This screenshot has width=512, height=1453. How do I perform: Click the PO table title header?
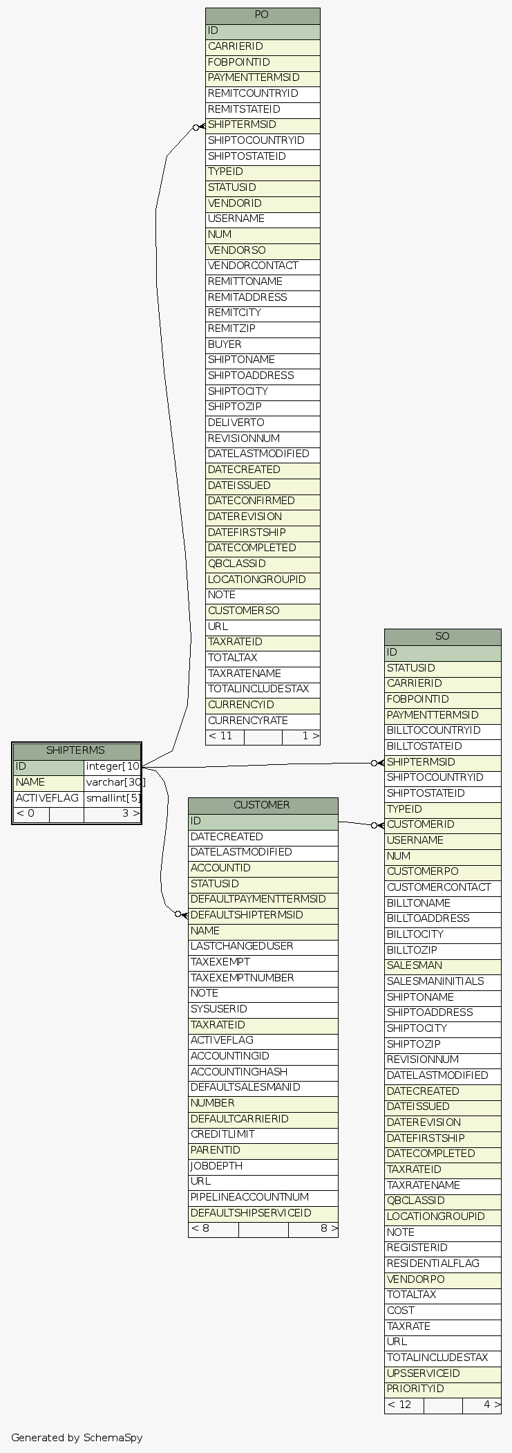pyautogui.click(x=262, y=15)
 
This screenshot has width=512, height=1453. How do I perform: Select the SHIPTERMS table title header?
pyautogui.click(x=76, y=751)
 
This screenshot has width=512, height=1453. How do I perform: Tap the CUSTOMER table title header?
pyautogui.click(x=263, y=805)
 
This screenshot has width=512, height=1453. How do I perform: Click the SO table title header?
pyautogui.click(x=442, y=636)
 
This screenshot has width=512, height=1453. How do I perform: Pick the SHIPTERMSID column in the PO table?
pyautogui.click(x=263, y=125)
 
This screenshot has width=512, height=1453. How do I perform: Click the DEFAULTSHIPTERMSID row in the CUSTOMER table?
pyautogui.click(x=263, y=915)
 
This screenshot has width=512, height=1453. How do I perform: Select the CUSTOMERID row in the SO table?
pyautogui.click(x=442, y=824)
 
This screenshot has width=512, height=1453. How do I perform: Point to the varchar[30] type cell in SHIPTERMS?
pyautogui.click(x=113, y=782)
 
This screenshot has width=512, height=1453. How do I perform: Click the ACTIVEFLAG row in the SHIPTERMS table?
pyautogui.click(x=48, y=798)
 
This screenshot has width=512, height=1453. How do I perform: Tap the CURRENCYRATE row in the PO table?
pyautogui.click(x=263, y=721)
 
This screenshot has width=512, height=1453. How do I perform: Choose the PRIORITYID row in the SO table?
pyautogui.click(x=442, y=1389)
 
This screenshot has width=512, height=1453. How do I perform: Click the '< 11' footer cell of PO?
pyautogui.click(x=225, y=737)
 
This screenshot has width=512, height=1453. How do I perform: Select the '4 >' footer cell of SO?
pyautogui.click(x=482, y=1405)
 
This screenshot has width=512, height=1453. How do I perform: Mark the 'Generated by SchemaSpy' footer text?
pyautogui.click(x=77, y=1437)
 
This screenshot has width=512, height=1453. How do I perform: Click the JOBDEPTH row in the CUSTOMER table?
pyautogui.click(x=263, y=1166)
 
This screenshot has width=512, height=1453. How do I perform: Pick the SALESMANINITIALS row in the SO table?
pyautogui.click(x=442, y=981)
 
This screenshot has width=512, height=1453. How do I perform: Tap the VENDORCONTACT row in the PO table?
pyautogui.click(x=263, y=266)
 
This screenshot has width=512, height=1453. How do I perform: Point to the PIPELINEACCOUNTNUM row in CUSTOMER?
pyautogui.click(x=263, y=1197)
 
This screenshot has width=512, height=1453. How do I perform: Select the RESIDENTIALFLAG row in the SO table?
pyautogui.click(x=442, y=1264)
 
